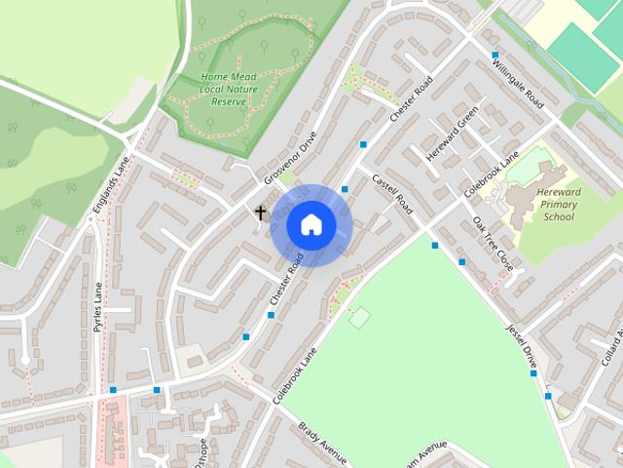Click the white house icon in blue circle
pyautogui.click(x=311, y=224)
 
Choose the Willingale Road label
pyautogui.click(x=518, y=85)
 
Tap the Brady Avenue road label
pyautogui.click(x=323, y=443)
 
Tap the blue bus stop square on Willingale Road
pyautogui.click(x=495, y=55)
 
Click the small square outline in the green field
pyautogui.click(x=360, y=317)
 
